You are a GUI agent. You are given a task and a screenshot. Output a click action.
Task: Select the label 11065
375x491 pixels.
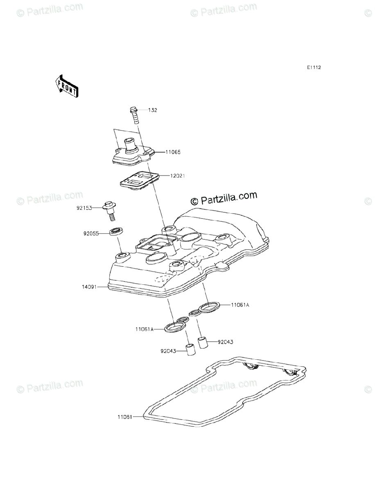click(x=173, y=152)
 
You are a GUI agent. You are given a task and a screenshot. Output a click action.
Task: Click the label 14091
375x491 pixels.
click(x=89, y=287)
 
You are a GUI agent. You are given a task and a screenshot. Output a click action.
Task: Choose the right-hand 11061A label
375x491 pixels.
click(x=240, y=304)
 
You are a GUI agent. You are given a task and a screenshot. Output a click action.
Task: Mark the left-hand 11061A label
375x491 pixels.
click(x=145, y=329)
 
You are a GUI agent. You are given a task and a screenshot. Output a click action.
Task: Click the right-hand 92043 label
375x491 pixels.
click(x=226, y=342)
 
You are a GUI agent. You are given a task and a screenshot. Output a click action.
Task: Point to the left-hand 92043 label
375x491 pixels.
click(x=169, y=350)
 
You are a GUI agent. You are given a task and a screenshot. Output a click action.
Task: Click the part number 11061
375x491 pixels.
click(x=125, y=417)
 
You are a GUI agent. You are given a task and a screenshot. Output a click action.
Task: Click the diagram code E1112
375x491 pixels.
click(x=314, y=68)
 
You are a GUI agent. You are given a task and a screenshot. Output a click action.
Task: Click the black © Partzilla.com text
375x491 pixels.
click(x=224, y=198)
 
